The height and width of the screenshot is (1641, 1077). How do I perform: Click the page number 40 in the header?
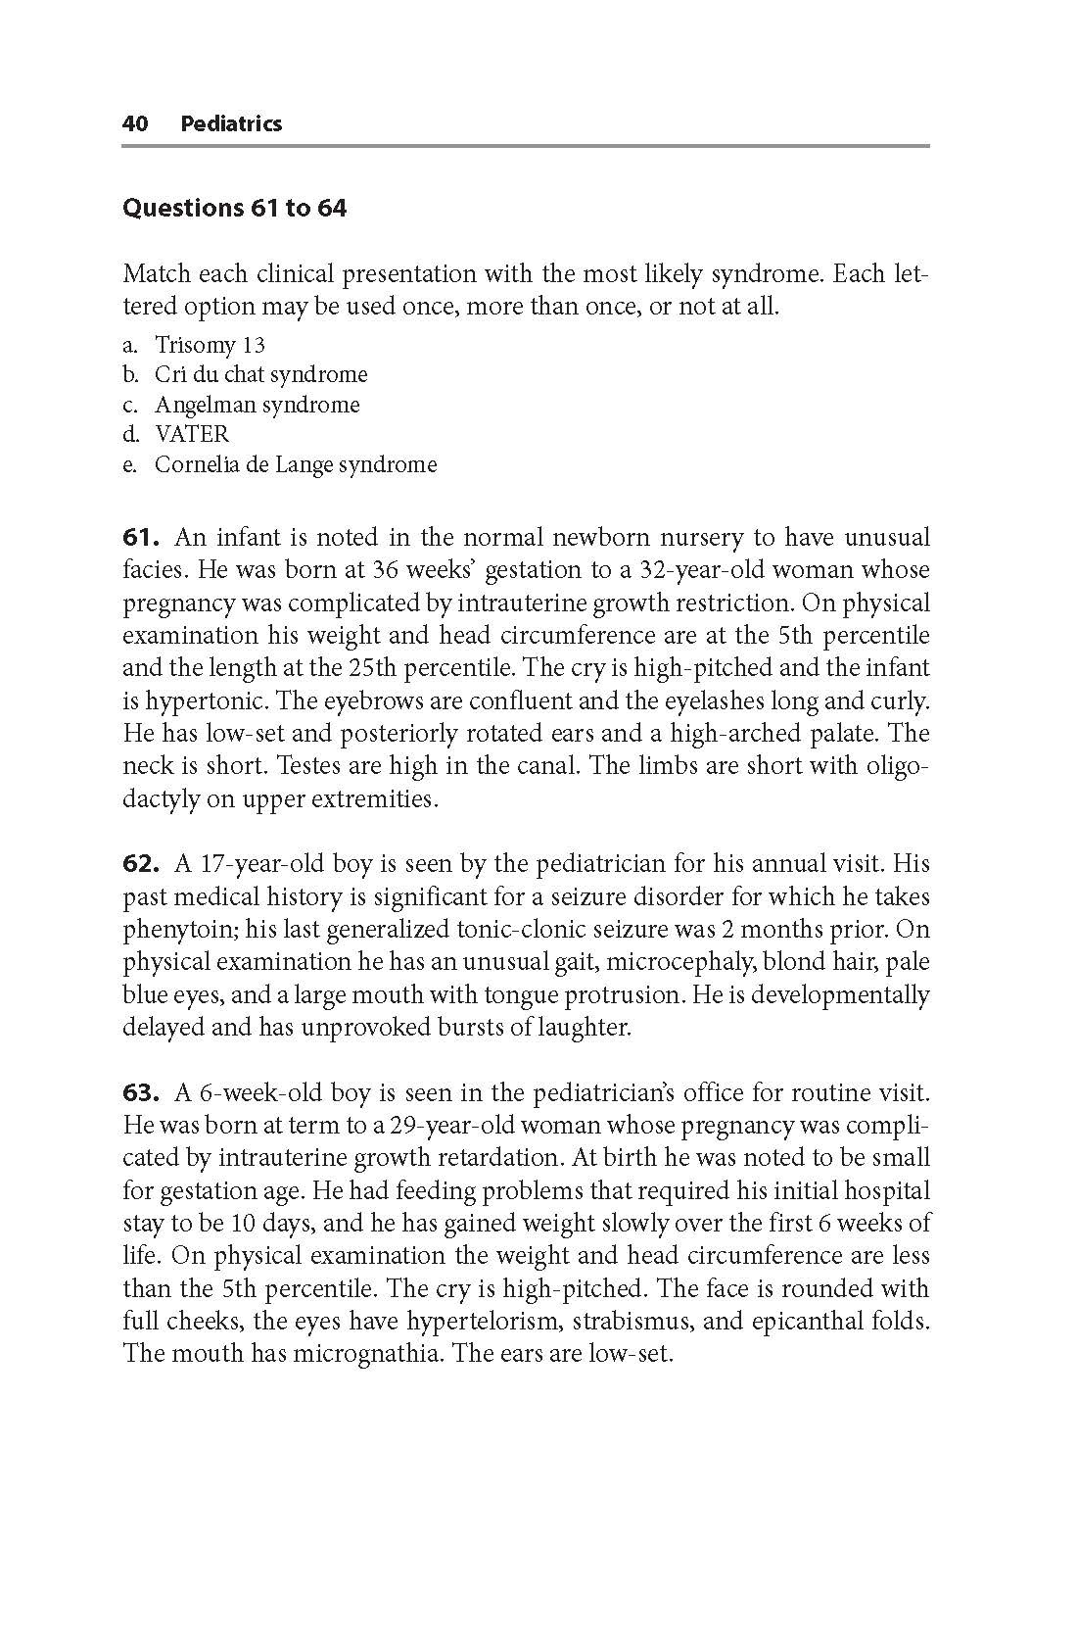[135, 123]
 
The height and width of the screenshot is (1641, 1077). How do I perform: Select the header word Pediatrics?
[231, 123]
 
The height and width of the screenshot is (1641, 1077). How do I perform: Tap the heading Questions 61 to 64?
[234, 208]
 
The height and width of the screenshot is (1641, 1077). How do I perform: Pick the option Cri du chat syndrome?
[260, 374]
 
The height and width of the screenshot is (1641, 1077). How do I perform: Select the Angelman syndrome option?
[257, 405]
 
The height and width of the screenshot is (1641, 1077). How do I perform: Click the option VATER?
[191, 434]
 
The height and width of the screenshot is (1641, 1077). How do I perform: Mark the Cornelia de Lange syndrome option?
[295, 464]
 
